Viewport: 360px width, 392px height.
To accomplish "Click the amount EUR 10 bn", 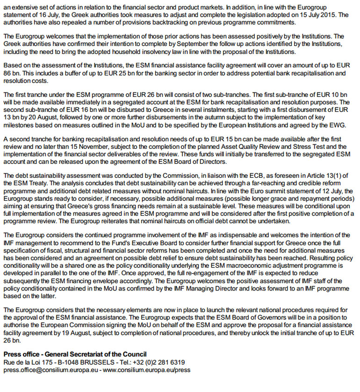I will [329, 95].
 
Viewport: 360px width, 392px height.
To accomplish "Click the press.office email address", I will [49, 370].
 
